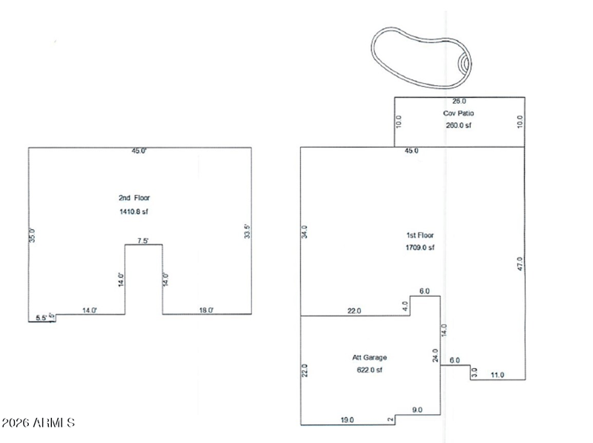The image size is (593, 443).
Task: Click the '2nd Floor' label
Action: (x=134, y=198)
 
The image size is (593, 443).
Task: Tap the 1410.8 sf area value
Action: (x=134, y=211)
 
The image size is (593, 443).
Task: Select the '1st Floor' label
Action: (x=420, y=234)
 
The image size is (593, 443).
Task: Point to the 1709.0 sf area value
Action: (x=420, y=248)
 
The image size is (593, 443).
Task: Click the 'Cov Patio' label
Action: (x=459, y=114)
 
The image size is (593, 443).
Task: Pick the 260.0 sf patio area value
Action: (x=459, y=125)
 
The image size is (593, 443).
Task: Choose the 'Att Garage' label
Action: (x=369, y=357)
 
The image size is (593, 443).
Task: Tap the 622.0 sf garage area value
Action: (x=369, y=370)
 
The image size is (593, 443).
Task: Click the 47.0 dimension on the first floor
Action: (x=520, y=263)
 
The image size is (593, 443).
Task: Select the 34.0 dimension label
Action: (x=304, y=232)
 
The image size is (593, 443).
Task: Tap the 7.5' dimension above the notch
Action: (x=143, y=240)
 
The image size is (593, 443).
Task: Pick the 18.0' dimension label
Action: (x=207, y=310)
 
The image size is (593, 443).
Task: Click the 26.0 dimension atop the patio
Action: (x=459, y=100)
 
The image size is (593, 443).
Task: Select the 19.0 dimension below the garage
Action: (x=347, y=420)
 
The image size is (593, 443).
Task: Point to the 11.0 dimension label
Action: (x=497, y=375)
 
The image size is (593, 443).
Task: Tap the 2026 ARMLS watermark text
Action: (x=39, y=423)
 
